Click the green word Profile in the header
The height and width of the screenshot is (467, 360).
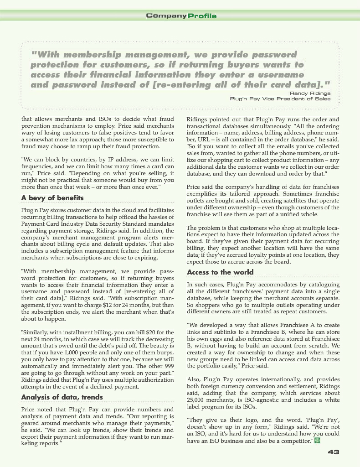pos(202,16)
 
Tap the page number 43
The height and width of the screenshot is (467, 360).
pos(334,452)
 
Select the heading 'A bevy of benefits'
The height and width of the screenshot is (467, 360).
pos(52,198)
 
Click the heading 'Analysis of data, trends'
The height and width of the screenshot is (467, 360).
pos(62,397)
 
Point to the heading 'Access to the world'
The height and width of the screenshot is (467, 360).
pos(221,272)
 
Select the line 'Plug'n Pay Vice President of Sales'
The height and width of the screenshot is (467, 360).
pos(280,98)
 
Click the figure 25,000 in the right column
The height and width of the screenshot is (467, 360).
pos(197,400)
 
